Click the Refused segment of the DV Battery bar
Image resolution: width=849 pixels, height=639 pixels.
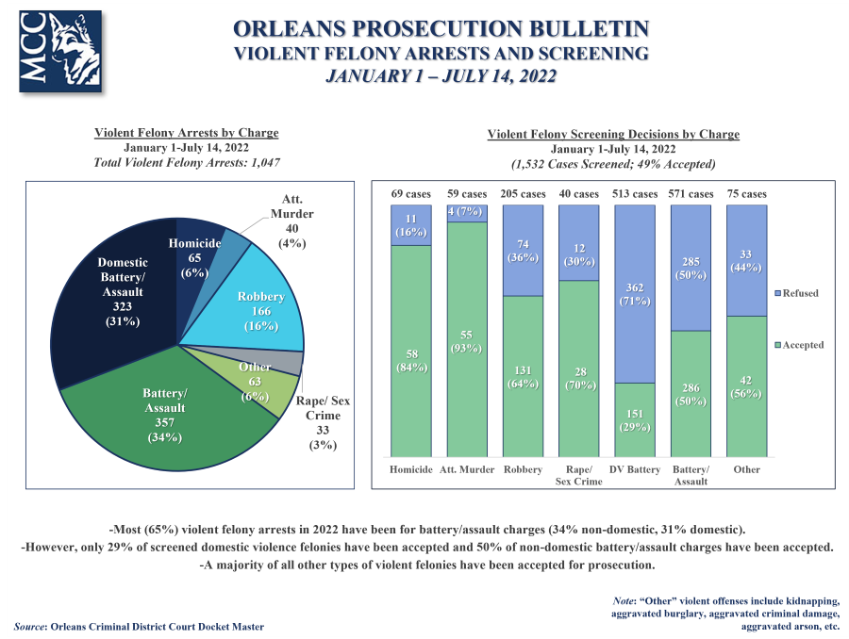tap(634, 293)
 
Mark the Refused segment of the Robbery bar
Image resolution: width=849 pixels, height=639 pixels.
tap(523, 250)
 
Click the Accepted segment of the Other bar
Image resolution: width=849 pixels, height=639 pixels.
tap(746, 386)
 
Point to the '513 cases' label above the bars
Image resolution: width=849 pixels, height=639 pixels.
tap(634, 194)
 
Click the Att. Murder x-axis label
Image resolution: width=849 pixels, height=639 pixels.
tap(467, 469)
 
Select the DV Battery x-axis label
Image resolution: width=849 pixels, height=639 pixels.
tap(634, 469)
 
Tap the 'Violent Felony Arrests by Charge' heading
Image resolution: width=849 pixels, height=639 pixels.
tap(186, 133)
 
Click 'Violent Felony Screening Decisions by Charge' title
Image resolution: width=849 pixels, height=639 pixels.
tap(613, 134)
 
